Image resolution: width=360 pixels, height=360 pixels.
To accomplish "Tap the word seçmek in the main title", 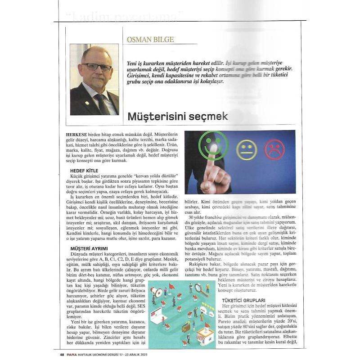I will coord(208,117).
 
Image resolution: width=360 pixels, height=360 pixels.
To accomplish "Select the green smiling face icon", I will coord(213,146).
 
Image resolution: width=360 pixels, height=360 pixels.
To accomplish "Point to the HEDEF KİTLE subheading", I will coord(85,171).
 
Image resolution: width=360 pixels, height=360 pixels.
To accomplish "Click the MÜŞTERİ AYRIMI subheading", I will coord(89,248).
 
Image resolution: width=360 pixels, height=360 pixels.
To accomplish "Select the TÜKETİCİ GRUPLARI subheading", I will coord(243,300).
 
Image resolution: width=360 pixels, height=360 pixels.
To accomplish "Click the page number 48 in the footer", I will coord(62,355).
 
